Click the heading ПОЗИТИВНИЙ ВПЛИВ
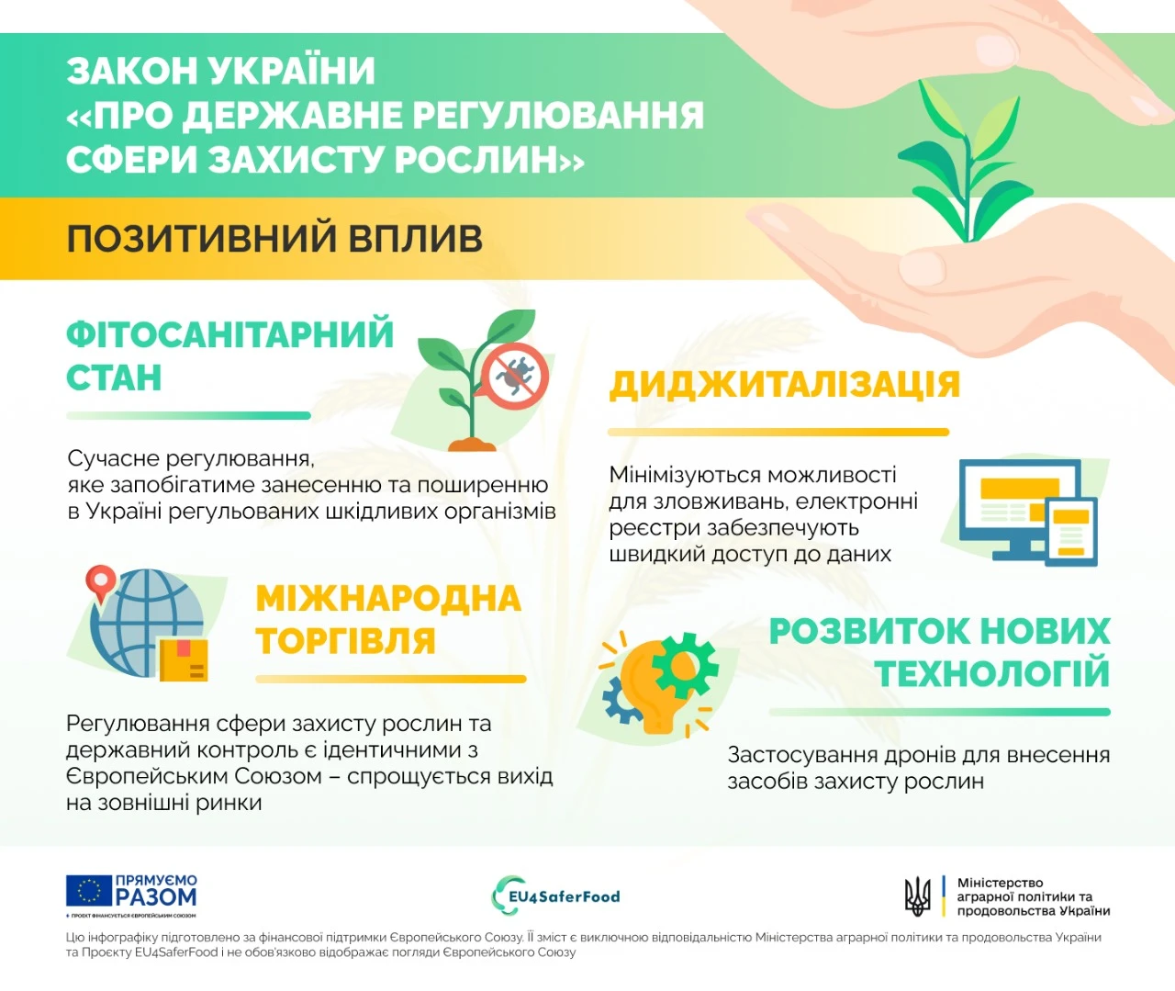pyautogui.click(x=274, y=239)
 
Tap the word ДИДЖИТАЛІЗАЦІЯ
pyautogui.click(x=785, y=385)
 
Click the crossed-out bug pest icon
pyautogui.click(x=516, y=375)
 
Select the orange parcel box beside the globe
pyautogui.click(x=185, y=659)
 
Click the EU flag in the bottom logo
pyautogui.click(x=88, y=891)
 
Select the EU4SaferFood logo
pyautogui.click(x=556, y=896)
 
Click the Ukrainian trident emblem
pyautogui.click(x=917, y=896)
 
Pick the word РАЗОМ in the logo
pyautogui.click(x=156, y=897)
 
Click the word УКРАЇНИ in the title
pyautogui.click(x=292, y=71)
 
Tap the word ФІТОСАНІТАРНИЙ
pyautogui.click(x=229, y=334)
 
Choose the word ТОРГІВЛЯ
pyautogui.click(x=345, y=641)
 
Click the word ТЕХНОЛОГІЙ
pyautogui.click(x=992, y=674)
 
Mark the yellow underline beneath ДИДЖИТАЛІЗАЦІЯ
pyautogui.click(x=778, y=432)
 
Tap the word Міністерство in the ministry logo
pyautogui.click(x=1000, y=883)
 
